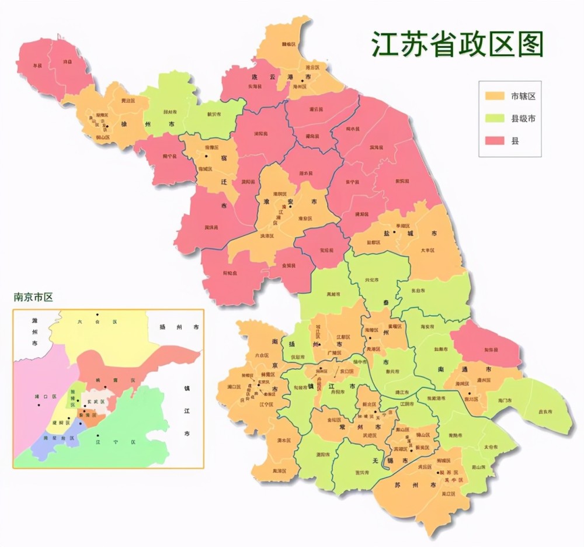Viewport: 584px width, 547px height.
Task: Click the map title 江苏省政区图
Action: [x=458, y=44]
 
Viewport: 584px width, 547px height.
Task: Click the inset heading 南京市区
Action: [x=33, y=297]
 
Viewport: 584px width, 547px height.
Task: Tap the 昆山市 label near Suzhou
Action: [x=478, y=468]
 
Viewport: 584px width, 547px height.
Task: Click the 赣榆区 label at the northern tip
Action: [x=288, y=44]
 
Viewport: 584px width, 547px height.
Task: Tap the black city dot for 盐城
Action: [x=395, y=232]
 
